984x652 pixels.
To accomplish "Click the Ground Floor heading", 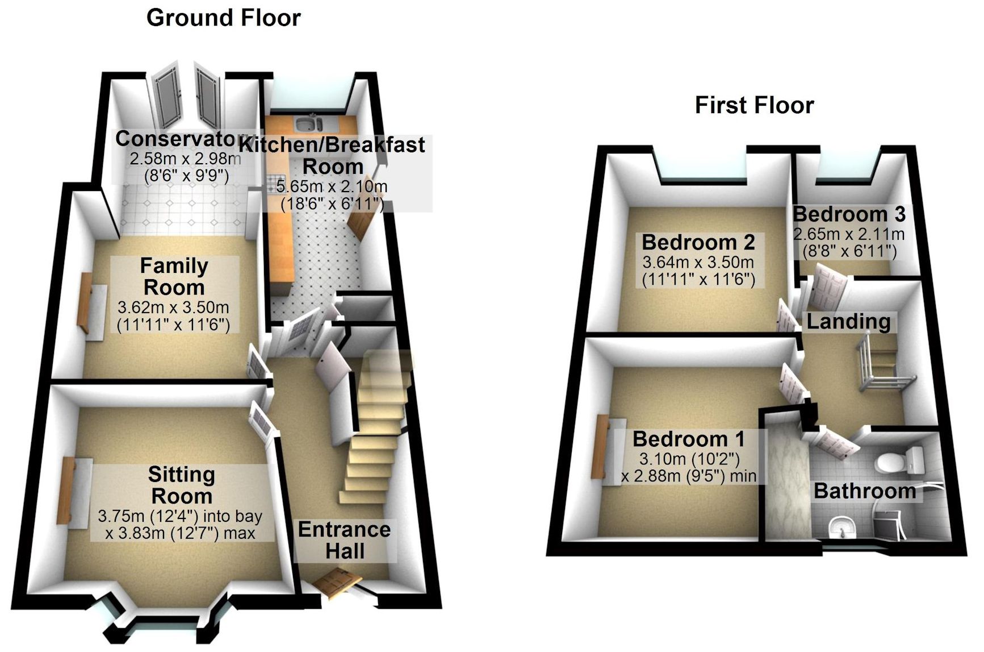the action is (x=223, y=18).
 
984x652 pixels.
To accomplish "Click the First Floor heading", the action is (x=754, y=105).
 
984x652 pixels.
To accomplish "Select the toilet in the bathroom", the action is (x=896, y=462).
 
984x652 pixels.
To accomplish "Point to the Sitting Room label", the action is (x=181, y=485).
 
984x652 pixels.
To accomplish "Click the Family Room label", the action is (x=174, y=276).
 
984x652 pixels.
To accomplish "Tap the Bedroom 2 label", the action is (x=698, y=242).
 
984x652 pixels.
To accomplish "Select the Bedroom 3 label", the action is (x=848, y=214).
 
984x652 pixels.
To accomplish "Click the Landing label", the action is (x=848, y=322).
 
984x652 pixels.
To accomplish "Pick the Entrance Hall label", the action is (x=344, y=540).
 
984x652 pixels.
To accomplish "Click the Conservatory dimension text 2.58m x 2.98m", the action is (x=185, y=159).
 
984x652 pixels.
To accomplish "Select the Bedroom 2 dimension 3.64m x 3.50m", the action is (x=698, y=263).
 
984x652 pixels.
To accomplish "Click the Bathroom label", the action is (x=864, y=491).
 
